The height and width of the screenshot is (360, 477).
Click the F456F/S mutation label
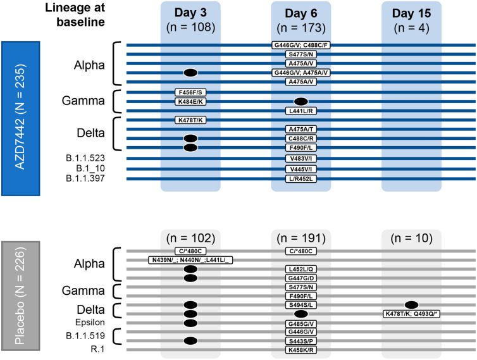(x=190, y=92)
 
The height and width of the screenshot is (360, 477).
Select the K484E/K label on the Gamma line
(x=190, y=101)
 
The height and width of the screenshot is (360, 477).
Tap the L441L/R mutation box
(x=301, y=111)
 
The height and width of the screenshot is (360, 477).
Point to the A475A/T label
(x=301, y=129)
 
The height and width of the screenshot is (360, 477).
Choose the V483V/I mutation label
(x=301, y=158)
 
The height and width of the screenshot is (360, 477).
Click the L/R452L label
(x=301, y=179)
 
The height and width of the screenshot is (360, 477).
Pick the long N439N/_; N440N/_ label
(x=190, y=260)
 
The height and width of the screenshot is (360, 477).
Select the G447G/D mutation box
(x=301, y=278)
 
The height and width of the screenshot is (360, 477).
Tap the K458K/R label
(x=301, y=350)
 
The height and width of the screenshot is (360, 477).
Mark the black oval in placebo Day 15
(x=411, y=305)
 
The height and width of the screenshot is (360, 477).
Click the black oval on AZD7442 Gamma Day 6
(x=301, y=101)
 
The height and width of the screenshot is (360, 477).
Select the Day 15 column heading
(x=411, y=13)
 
